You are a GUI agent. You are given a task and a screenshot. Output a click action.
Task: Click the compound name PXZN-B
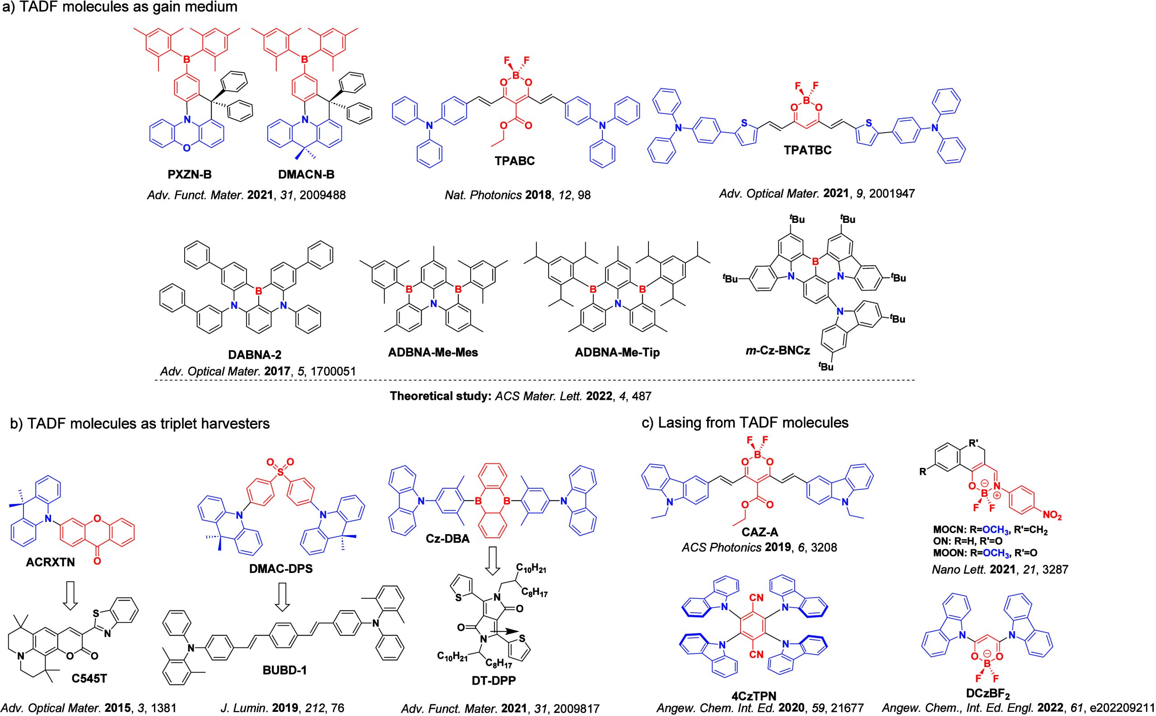(190, 175)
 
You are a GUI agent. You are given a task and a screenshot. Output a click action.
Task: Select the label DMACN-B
(306, 175)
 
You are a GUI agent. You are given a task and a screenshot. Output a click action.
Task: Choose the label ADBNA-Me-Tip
(617, 353)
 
